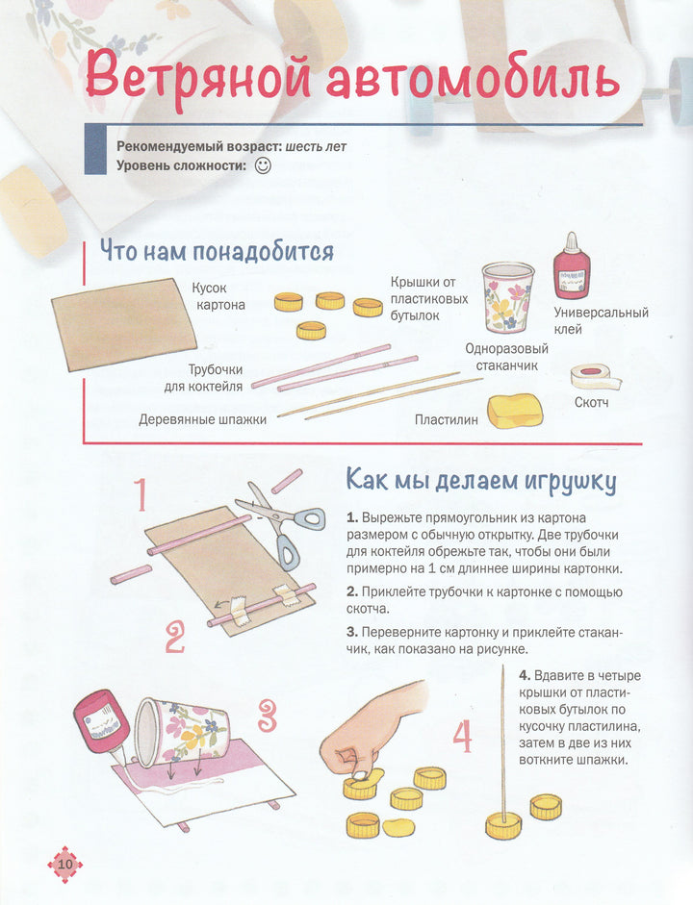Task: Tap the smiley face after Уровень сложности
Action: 263,165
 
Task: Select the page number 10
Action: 65,864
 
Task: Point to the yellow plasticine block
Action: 515,411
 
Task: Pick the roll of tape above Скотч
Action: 595,377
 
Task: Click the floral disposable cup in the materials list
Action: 507,296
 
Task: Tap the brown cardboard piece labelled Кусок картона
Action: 124,324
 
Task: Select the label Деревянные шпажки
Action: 203,419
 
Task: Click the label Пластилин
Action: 447,419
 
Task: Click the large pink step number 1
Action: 142,494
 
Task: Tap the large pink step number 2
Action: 175,637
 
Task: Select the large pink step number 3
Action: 267,716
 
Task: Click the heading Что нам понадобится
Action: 218,252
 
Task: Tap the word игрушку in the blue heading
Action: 571,482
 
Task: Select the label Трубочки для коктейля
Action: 204,378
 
